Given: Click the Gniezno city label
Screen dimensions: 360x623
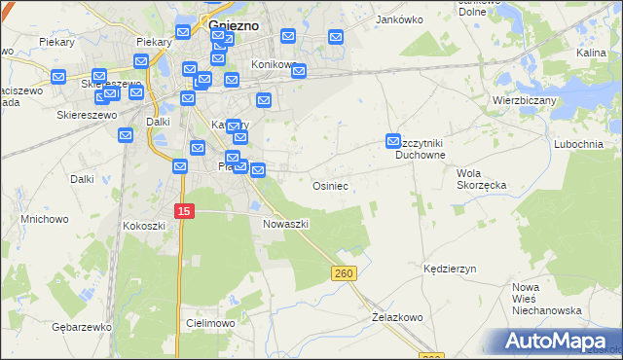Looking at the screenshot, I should coord(233,26).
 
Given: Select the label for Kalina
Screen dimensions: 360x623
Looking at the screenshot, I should coord(591,54).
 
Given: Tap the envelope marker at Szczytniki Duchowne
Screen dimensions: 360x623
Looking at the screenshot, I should coord(393,141).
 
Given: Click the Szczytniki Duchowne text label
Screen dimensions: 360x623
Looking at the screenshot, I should coord(421,148).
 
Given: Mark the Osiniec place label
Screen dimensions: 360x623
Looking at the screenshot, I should coord(329,185).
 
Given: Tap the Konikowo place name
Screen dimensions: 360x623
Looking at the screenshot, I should coord(273,64).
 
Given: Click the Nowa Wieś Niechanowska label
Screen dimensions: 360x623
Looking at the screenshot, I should coord(547,299).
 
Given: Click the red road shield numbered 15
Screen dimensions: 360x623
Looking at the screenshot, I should coord(184,210).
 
